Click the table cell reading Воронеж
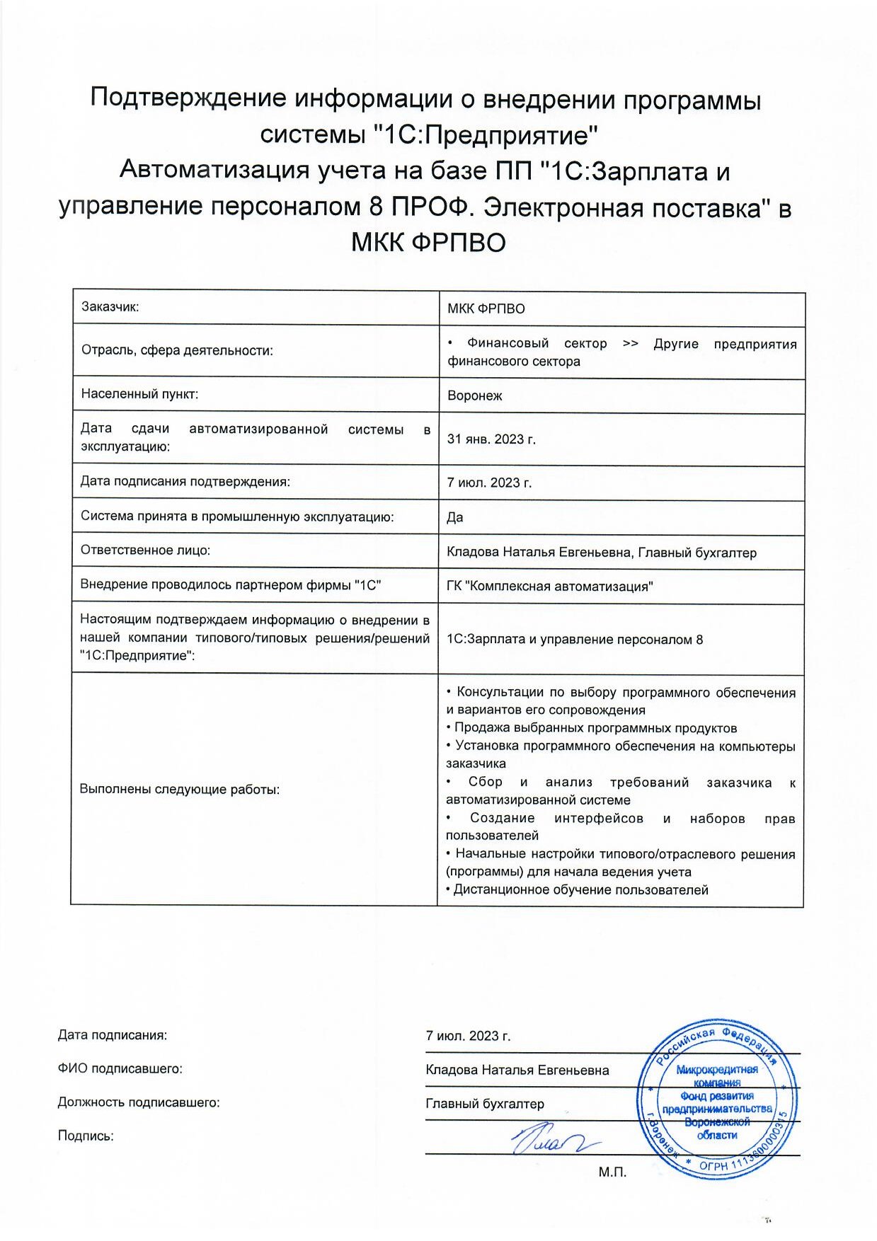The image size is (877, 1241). [474, 396]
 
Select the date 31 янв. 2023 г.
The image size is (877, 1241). [491, 439]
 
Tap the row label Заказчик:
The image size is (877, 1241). [110, 306]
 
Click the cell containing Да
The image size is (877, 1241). [455, 517]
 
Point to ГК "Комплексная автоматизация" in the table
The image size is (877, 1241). [549, 587]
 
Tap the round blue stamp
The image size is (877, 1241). [716, 1099]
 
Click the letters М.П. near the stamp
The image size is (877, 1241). [612, 1172]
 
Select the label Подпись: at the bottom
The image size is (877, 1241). [86, 1136]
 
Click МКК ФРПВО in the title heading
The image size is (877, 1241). [428, 243]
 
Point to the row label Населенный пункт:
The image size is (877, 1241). [139, 393]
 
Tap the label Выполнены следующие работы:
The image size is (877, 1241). [179, 789]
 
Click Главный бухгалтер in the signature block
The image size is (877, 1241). [485, 1103]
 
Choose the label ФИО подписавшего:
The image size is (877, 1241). [120, 1068]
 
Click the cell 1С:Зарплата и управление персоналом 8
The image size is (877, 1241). [575, 640]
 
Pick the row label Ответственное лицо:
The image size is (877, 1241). [145, 550]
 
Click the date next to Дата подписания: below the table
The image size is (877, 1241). [468, 1036]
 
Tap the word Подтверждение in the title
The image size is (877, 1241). [188, 98]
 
